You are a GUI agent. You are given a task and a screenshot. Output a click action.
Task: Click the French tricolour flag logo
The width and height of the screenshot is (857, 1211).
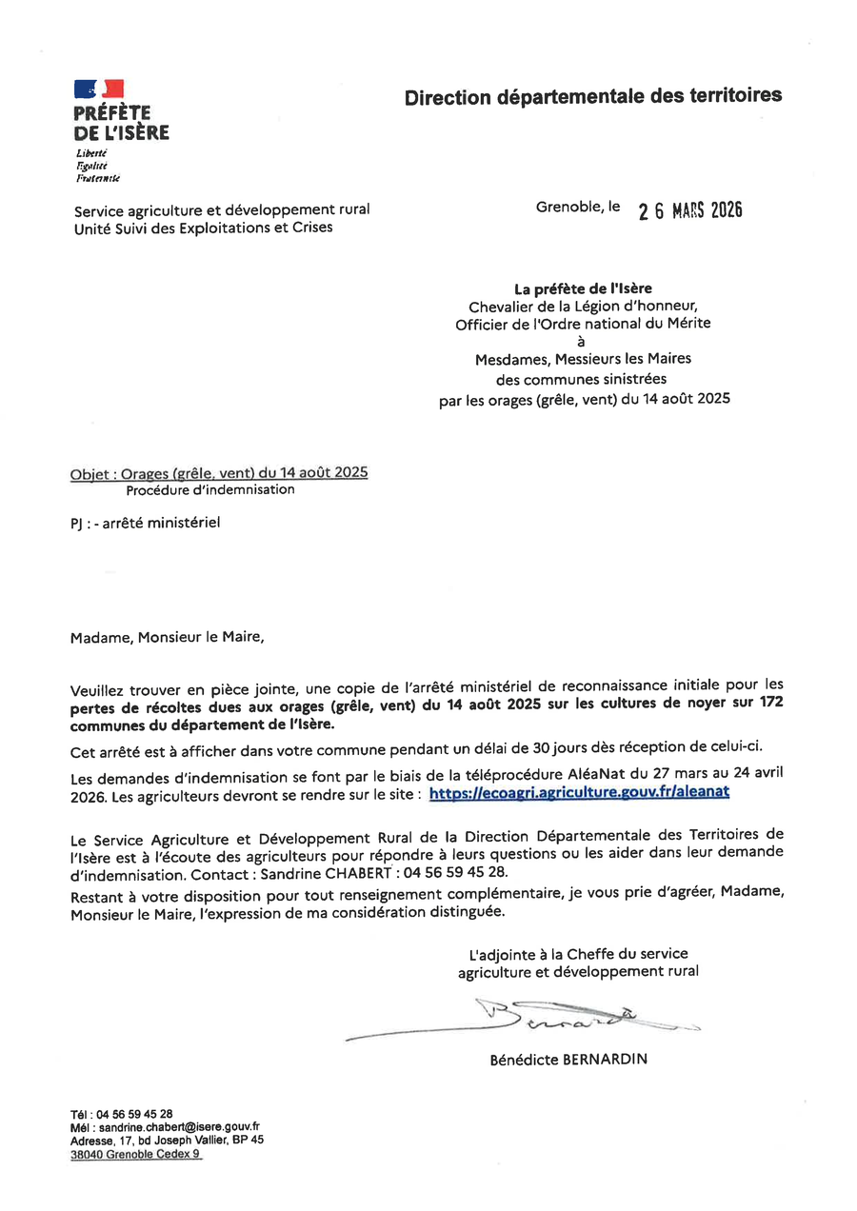99,89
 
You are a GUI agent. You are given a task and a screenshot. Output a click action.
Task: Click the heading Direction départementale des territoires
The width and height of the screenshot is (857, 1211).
592,96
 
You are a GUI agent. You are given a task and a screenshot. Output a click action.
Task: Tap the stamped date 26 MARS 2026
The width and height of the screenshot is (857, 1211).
689,210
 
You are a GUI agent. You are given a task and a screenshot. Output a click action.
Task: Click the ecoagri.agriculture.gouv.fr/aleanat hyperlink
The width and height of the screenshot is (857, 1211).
580,792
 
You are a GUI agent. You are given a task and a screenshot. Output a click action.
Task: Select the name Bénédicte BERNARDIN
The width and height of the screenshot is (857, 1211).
568,1059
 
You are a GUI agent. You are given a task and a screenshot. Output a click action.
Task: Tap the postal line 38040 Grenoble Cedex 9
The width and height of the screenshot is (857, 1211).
135,1153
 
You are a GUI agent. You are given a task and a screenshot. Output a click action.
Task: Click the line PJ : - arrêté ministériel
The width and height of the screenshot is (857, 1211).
146,523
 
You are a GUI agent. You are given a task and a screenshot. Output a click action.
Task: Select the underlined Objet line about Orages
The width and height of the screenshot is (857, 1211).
219,473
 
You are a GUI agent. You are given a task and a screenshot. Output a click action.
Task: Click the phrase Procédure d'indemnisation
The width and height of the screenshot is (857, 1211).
210,490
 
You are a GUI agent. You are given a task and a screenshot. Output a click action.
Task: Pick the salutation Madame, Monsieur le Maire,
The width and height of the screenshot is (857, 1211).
167,637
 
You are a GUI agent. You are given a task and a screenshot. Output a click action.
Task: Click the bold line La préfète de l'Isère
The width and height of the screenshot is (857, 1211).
584,288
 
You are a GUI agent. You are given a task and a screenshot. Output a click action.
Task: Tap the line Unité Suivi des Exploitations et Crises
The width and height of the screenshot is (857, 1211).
204,228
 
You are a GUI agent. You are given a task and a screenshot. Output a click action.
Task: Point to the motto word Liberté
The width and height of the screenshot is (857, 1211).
91,153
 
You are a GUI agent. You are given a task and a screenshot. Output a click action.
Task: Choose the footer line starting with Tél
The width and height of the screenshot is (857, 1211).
122,1113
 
